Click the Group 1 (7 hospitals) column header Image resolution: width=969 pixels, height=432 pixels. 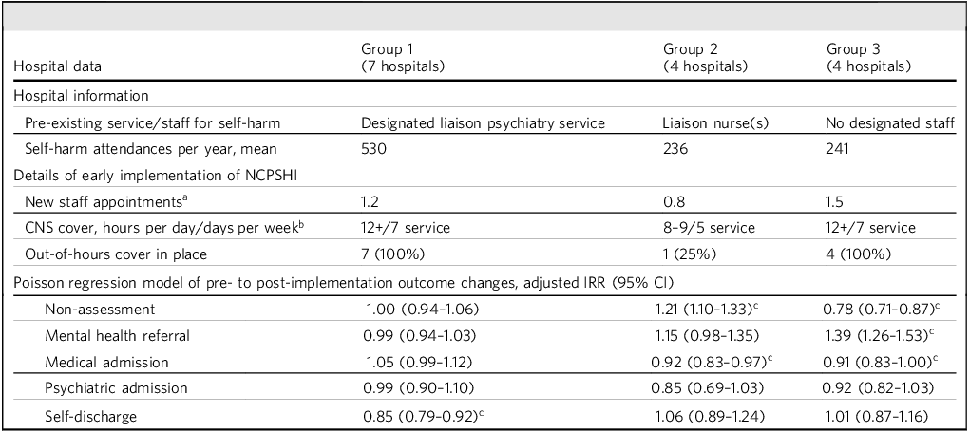[x=402, y=58]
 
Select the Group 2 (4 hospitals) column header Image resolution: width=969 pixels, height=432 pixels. [x=705, y=58]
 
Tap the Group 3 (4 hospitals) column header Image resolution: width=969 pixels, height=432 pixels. [x=868, y=58]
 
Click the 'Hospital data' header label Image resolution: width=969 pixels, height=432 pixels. [x=57, y=66]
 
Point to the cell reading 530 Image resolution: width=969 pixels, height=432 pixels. [x=373, y=148]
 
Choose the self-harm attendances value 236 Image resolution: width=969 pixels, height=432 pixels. [x=674, y=148]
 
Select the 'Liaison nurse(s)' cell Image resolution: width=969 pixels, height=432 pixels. [x=715, y=123]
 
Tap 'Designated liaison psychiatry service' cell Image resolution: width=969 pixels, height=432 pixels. [x=483, y=123]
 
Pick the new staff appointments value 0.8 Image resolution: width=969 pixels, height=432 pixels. [x=672, y=201]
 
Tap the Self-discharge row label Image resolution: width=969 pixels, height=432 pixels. [x=91, y=416]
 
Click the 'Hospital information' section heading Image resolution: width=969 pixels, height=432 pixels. [x=81, y=97]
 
